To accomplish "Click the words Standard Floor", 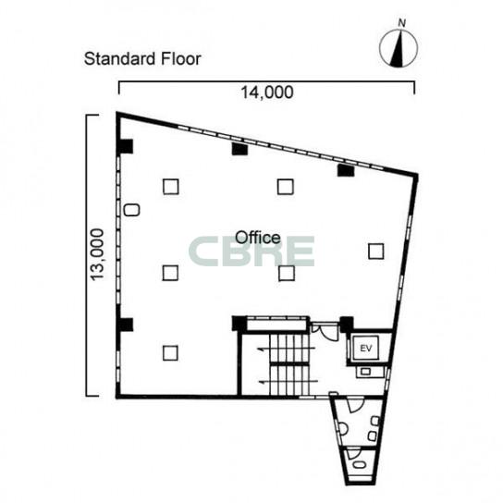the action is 142,58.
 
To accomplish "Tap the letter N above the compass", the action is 401,23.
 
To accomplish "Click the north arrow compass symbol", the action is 399,48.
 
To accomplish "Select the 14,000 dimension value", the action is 267,92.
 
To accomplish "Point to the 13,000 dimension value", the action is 97,254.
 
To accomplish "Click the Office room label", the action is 258,238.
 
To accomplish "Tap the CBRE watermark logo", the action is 251,251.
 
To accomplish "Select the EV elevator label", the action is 366,348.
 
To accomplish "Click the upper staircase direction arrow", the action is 287,349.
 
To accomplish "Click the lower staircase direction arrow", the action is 288,382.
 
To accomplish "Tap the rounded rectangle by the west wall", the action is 131,210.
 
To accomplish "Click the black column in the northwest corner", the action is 126,146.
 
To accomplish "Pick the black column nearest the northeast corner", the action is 346,170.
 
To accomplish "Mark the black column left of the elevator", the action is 347,324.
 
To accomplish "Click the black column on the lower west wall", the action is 126,325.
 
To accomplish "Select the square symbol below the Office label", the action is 287,273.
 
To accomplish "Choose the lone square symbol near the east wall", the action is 376,251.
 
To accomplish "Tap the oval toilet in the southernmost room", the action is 359,465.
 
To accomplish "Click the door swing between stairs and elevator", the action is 326,332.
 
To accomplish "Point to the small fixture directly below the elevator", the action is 366,372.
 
